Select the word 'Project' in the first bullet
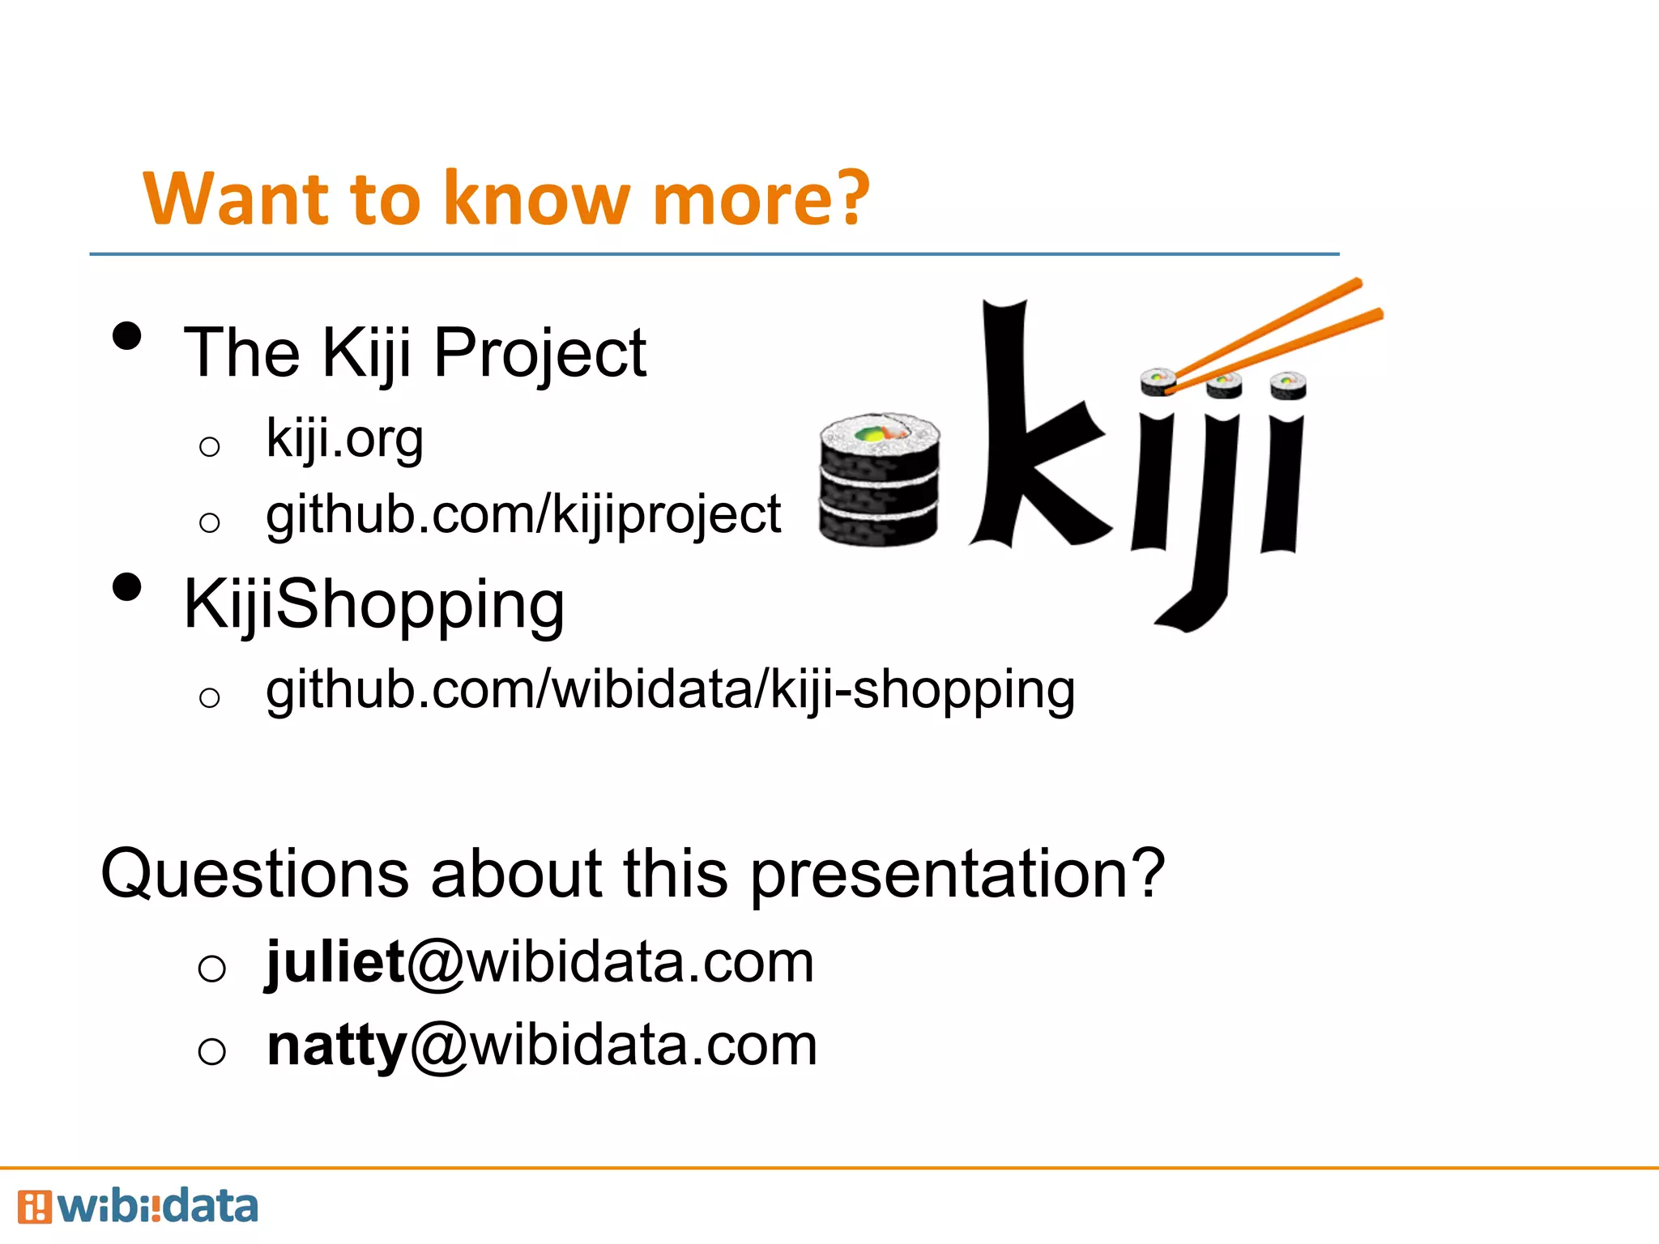coord(539,354)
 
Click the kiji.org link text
coord(344,440)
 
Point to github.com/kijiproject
coord(523,516)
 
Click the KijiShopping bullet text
coord(373,606)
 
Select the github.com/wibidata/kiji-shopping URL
coord(671,691)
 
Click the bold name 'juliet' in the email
coord(335,962)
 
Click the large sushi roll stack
coord(879,479)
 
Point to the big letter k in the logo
coord(1033,429)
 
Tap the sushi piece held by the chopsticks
coord(1158,381)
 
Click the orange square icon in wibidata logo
coord(34,1207)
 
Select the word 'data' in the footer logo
coord(209,1207)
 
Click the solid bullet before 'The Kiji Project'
coord(127,336)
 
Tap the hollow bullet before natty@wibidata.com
coord(211,1051)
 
